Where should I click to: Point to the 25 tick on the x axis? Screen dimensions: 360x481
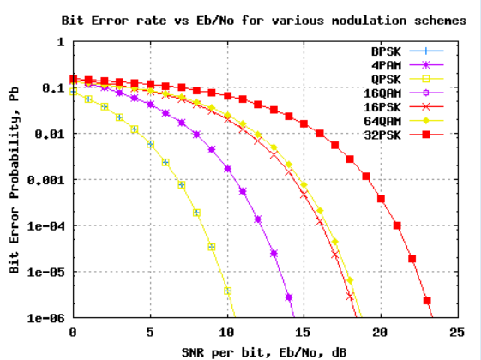pos(459,332)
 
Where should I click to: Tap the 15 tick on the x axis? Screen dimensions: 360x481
pos(304,332)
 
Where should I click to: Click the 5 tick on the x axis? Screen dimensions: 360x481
pos(150,332)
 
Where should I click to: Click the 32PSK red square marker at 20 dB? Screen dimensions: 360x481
pos(382,198)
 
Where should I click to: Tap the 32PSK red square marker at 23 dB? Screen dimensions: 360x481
pos(427,301)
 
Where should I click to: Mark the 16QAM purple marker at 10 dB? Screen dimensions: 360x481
pos(227,169)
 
